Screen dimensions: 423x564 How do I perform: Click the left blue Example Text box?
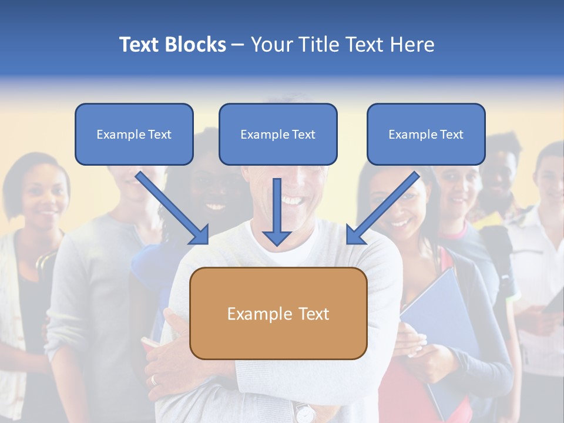(x=134, y=134)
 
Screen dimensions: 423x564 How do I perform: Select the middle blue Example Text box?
(x=278, y=134)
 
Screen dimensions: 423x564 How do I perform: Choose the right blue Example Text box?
(x=426, y=134)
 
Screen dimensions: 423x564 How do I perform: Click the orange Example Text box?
(x=278, y=313)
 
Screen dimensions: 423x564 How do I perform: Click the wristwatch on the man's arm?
(x=304, y=412)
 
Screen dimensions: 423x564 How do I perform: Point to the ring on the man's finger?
(x=155, y=380)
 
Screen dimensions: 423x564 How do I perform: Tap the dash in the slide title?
(x=238, y=45)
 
